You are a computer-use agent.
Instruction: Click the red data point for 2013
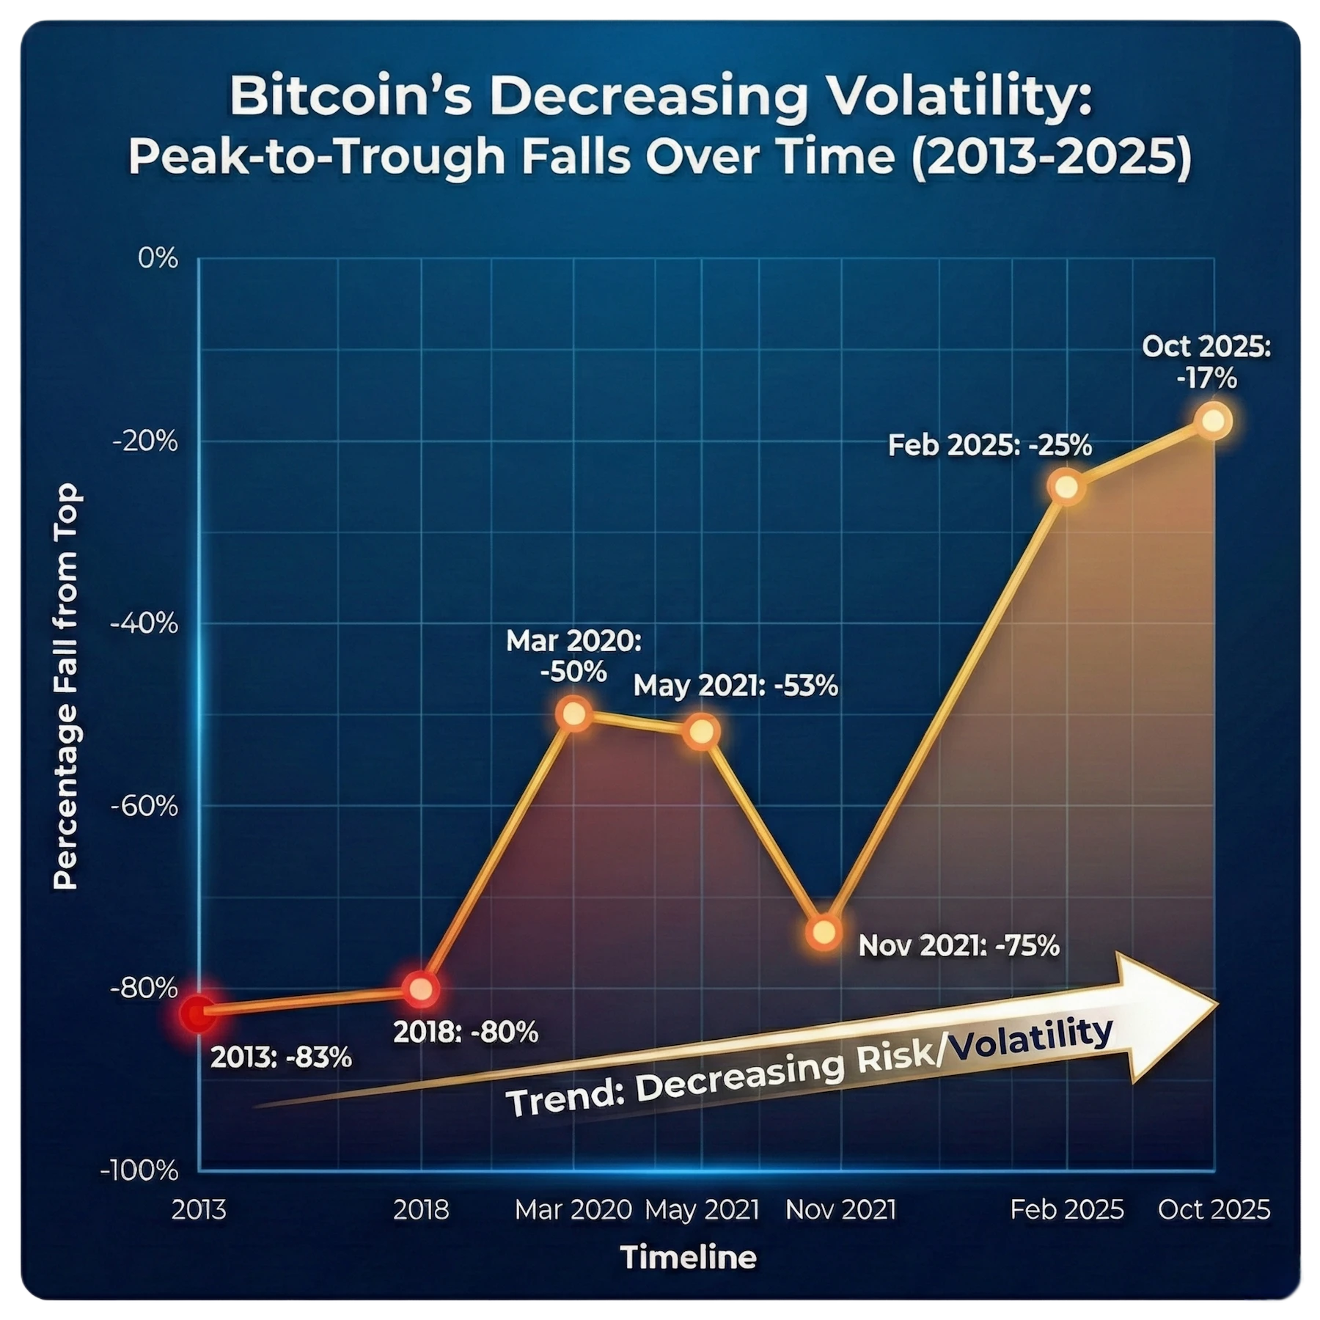tap(199, 1014)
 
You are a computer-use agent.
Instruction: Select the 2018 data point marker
tap(421, 989)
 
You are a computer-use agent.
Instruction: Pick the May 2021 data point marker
tap(702, 732)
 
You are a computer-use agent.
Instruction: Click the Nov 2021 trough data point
tap(824, 932)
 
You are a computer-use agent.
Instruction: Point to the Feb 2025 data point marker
tap(1067, 487)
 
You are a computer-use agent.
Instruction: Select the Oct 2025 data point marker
tap(1214, 421)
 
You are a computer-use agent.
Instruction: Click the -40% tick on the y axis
tap(144, 624)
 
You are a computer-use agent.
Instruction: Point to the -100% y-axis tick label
tap(139, 1170)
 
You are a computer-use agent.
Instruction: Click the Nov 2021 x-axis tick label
tap(840, 1210)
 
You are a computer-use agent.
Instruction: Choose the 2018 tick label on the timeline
tap(421, 1210)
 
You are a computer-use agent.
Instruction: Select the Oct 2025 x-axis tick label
tap(1214, 1210)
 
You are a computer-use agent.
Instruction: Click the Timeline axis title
tap(689, 1258)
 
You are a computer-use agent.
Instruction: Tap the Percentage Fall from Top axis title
tap(66, 686)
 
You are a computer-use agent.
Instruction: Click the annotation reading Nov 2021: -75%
tap(958, 946)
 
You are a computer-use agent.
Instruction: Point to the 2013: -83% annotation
tap(282, 1058)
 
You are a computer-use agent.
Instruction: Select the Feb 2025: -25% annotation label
tap(990, 445)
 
